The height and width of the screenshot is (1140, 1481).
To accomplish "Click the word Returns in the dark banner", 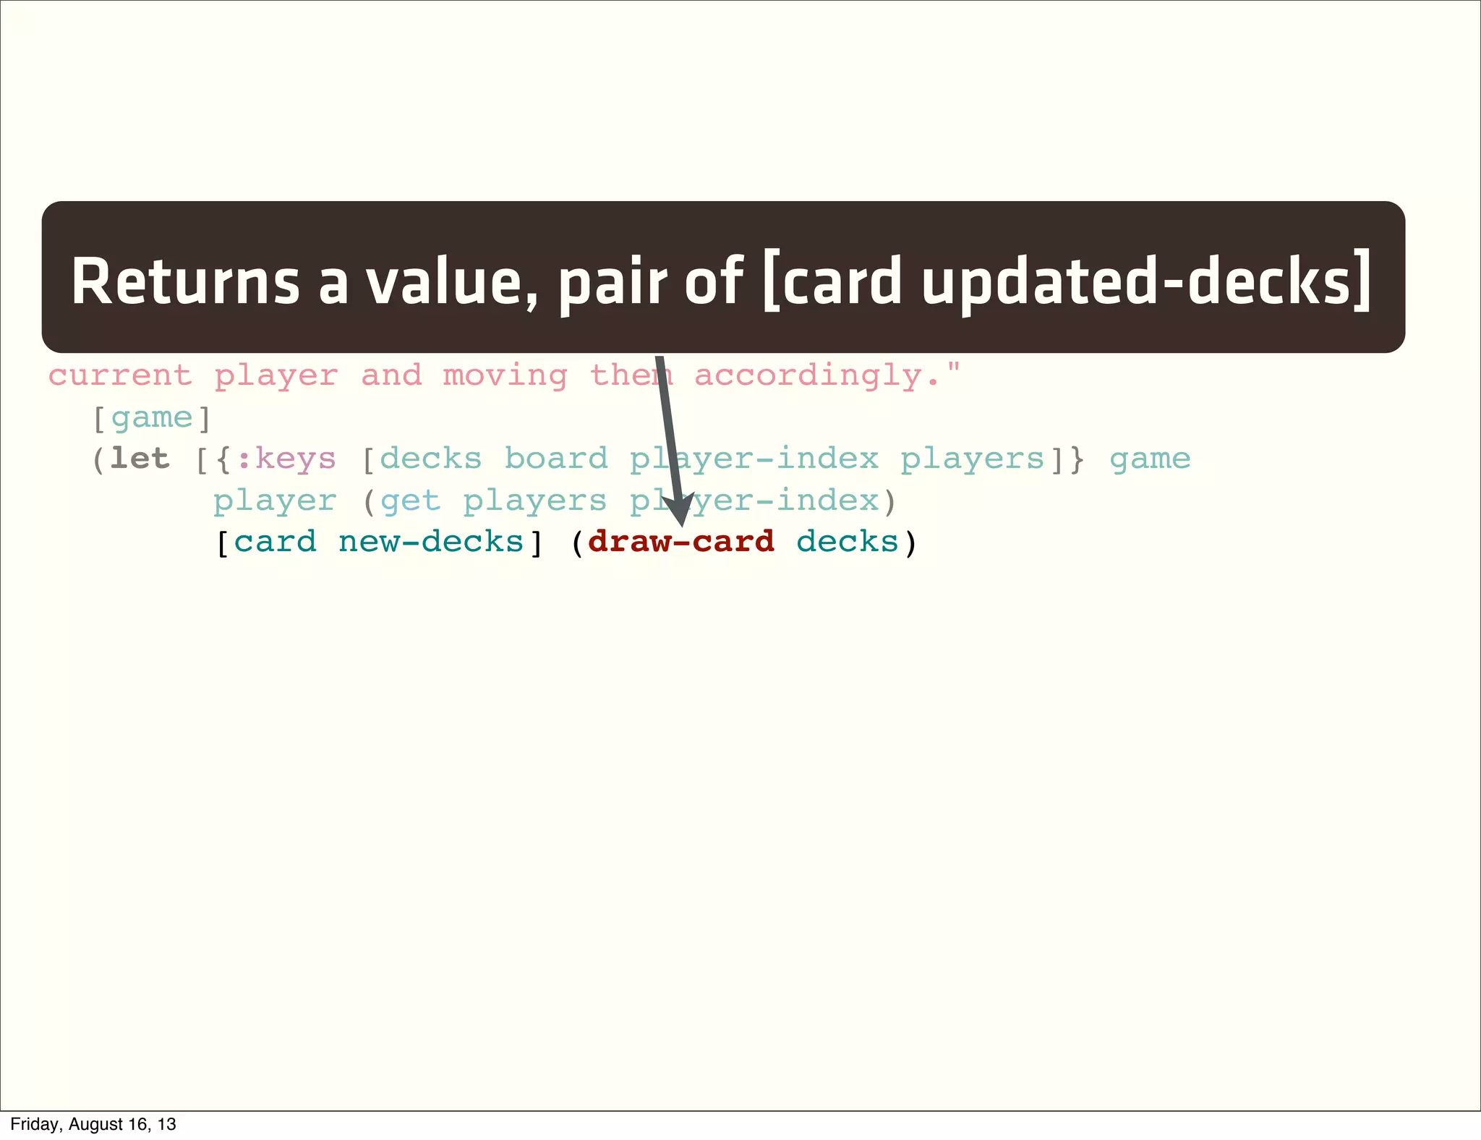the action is (x=185, y=282).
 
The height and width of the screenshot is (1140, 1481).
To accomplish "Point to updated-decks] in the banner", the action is (x=1145, y=282).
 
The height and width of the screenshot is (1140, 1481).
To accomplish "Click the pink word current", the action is (x=121, y=375).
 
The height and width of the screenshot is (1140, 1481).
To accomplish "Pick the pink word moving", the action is (x=505, y=375).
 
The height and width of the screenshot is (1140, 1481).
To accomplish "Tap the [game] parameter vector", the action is (x=152, y=418).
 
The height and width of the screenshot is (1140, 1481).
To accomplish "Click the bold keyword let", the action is (x=140, y=459).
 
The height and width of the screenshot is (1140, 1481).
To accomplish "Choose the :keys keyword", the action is (x=286, y=459).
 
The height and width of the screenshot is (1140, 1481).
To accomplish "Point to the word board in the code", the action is (x=556, y=459).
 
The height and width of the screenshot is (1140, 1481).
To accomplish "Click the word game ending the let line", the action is (x=1150, y=459).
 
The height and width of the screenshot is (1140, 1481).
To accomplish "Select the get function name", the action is (x=410, y=501).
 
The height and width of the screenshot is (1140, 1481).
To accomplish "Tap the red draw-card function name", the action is (x=681, y=542).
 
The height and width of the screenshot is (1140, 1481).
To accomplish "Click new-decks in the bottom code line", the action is (x=431, y=542).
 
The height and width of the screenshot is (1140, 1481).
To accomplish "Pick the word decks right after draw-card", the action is (x=847, y=542).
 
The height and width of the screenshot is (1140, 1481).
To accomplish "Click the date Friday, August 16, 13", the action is (x=93, y=1124).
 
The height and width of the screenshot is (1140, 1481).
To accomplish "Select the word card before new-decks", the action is (x=276, y=542).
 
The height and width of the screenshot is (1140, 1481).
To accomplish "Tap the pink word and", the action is (x=391, y=375).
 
